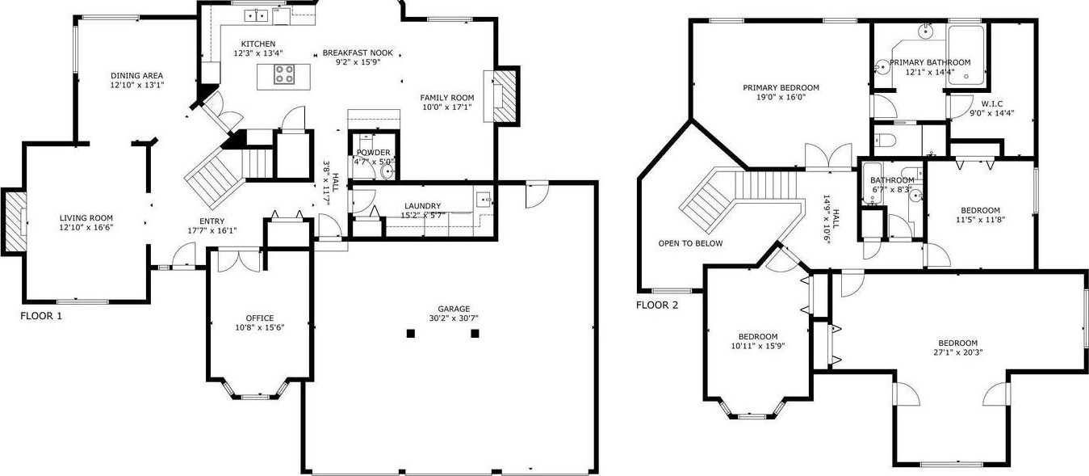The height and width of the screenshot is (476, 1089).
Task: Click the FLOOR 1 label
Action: (x=41, y=316)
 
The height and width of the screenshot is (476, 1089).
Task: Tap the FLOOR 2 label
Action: (x=657, y=305)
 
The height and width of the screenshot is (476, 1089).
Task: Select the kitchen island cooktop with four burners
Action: (x=284, y=74)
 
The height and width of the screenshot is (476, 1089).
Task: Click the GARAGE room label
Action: (x=454, y=309)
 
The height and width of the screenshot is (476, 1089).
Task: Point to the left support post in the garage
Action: (x=411, y=334)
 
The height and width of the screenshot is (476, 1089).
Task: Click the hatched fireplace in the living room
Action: (x=15, y=222)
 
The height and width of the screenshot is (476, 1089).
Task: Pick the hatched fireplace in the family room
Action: (x=505, y=96)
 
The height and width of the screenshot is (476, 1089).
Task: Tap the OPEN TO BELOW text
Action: (x=690, y=243)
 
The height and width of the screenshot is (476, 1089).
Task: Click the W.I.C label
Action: (x=992, y=103)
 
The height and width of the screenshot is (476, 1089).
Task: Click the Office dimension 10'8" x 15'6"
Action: (x=260, y=327)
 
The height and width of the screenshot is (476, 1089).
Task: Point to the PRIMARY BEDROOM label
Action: (x=781, y=87)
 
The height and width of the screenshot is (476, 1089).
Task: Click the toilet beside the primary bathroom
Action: (x=885, y=141)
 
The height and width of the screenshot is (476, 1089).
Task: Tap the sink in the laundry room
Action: (x=484, y=200)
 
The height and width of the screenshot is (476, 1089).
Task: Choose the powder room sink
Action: (x=387, y=171)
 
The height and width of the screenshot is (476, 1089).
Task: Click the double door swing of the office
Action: (x=239, y=260)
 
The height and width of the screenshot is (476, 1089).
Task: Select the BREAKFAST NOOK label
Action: (x=358, y=53)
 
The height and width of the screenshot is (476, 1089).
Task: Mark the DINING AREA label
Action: (x=136, y=75)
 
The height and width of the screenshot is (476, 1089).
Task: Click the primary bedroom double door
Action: (x=828, y=156)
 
